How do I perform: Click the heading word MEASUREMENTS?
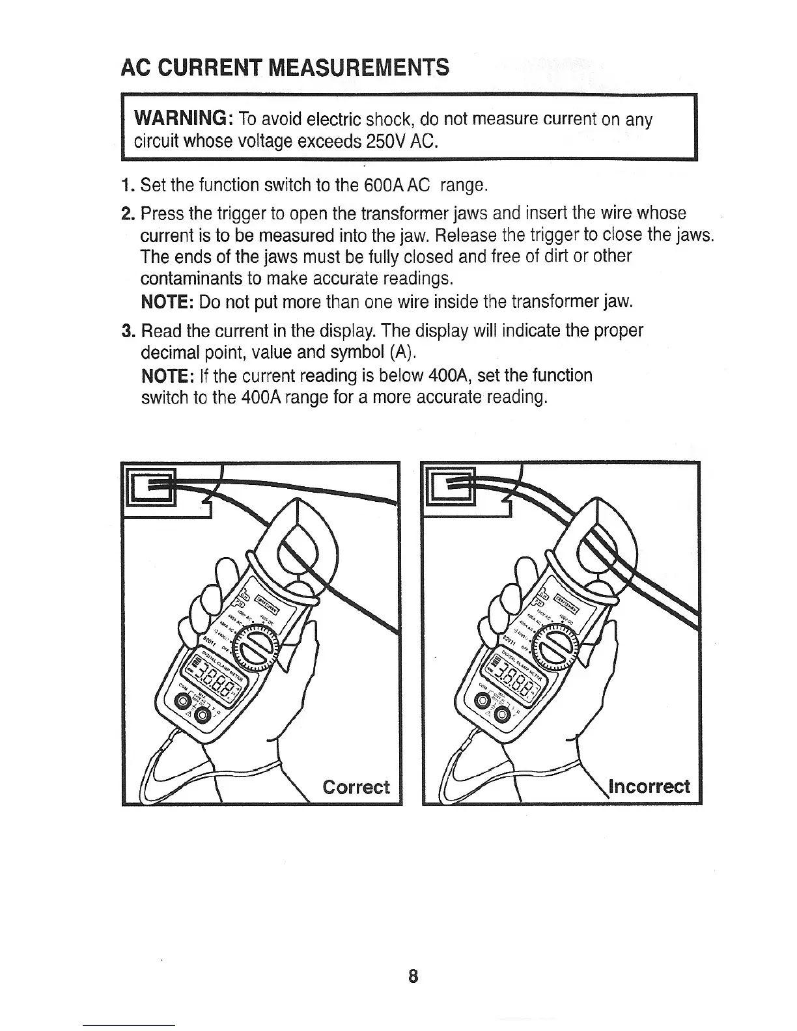coord(358,67)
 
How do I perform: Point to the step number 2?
coord(127,213)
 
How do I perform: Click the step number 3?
coord(127,331)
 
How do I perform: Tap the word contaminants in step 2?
coord(190,279)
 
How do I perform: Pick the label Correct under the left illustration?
coord(356,787)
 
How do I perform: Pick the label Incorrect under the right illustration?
coord(649,786)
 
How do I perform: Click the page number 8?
coord(412,976)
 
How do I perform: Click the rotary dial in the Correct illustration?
coord(256,646)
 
